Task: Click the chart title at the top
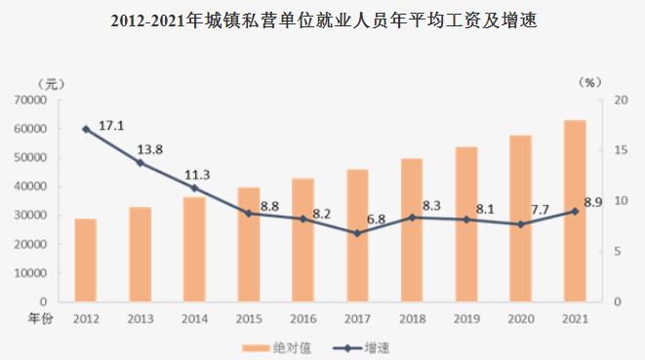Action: point(323,20)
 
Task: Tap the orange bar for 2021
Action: point(575,211)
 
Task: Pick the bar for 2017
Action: point(357,235)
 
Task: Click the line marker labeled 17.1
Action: point(86,130)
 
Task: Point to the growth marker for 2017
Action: point(357,233)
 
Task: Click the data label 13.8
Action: point(148,147)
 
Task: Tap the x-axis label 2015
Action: point(249,319)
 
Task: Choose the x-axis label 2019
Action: point(466,319)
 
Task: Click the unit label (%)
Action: point(587,83)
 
